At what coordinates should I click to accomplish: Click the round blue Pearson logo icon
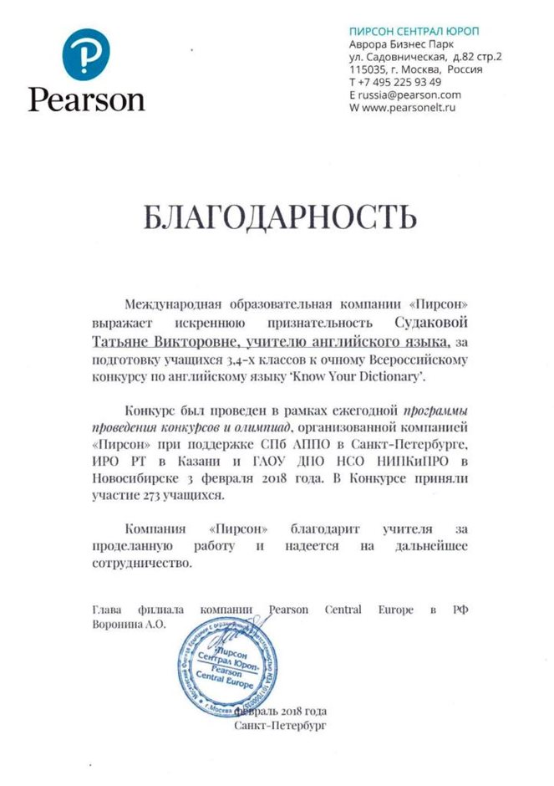click(x=86, y=54)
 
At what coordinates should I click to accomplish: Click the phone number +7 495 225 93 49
click(x=400, y=83)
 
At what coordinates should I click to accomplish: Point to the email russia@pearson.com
click(x=409, y=95)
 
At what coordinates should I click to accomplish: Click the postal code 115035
click(x=368, y=70)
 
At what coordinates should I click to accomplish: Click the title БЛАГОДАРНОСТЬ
click(x=279, y=217)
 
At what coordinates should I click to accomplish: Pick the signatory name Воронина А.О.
click(x=130, y=624)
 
